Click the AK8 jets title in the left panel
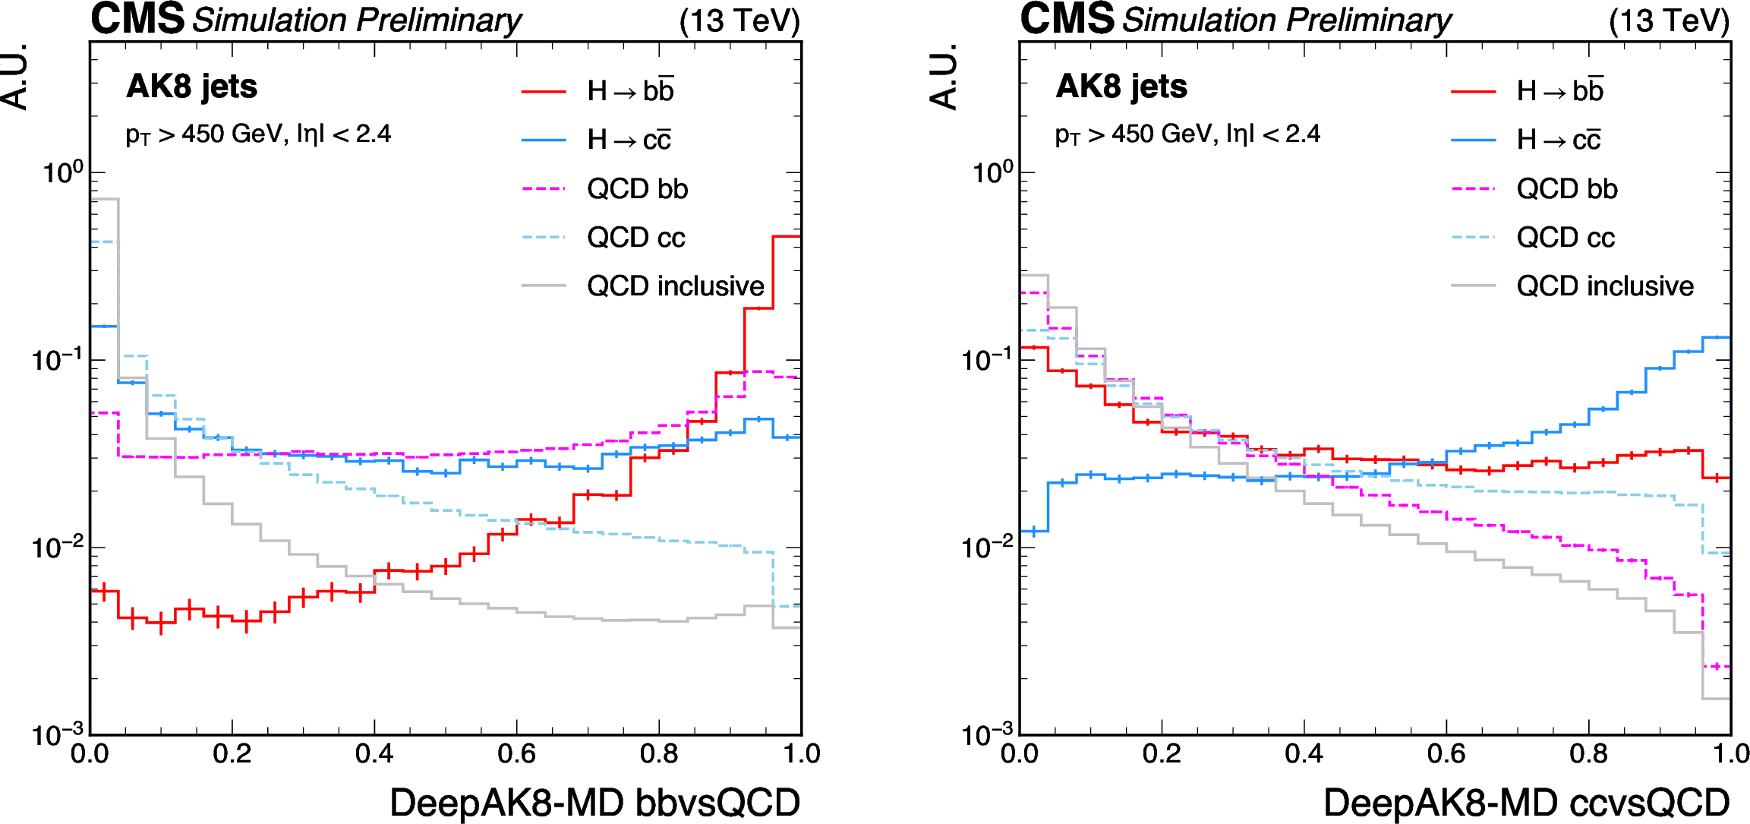click(191, 87)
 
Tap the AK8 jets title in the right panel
click(1121, 87)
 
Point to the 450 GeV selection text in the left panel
click(258, 134)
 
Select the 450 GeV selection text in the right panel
click(1187, 134)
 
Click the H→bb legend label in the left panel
click(630, 91)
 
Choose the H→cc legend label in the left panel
click(629, 140)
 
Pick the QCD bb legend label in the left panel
click(637, 189)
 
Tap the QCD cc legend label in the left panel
click(635, 238)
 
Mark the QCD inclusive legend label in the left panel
click(675, 286)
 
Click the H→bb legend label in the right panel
click(1559, 91)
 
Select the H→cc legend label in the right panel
click(1558, 140)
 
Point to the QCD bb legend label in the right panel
click(1566, 189)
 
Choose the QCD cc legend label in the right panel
click(1565, 238)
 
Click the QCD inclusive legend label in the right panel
click(1604, 286)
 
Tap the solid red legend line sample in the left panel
click(544, 92)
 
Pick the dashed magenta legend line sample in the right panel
click(1473, 189)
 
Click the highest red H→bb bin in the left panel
click(786, 237)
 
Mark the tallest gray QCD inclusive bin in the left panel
click(105, 200)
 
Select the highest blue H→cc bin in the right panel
click(1716, 337)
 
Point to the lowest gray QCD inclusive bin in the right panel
click(1716, 699)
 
